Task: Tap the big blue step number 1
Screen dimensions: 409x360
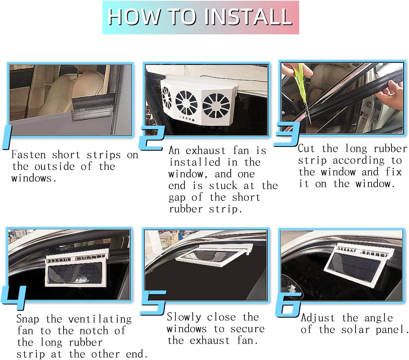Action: pyautogui.click(x=7, y=137)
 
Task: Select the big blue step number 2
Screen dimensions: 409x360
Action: pyautogui.click(x=151, y=138)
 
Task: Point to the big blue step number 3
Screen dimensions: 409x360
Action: pyautogui.click(x=287, y=134)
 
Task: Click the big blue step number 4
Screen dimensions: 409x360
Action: pyautogui.click(x=14, y=298)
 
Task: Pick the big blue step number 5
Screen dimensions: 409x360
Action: pyautogui.click(x=153, y=303)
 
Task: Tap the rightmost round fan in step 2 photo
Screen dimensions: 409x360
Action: pyautogui.click(x=216, y=105)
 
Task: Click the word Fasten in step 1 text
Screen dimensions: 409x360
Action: pyautogui.click(x=29, y=155)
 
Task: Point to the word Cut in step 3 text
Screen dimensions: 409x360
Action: pyautogui.click(x=306, y=148)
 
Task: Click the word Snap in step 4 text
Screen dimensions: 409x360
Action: pyautogui.click(x=28, y=319)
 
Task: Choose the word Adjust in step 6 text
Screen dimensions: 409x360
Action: pyautogui.click(x=318, y=318)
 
